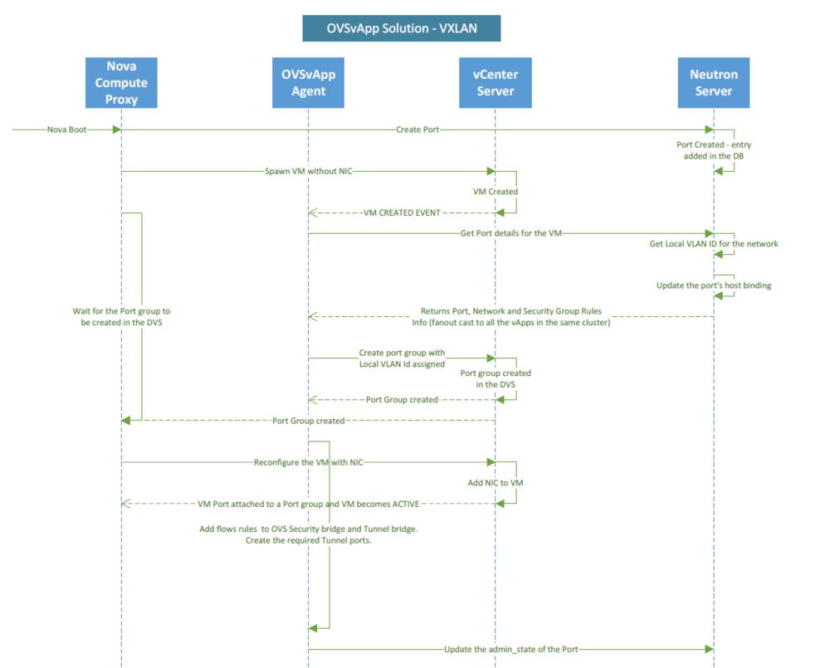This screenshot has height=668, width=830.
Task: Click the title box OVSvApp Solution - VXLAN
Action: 402,29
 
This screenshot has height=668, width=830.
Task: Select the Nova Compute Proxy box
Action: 121,82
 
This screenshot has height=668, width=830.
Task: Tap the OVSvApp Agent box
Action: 308,82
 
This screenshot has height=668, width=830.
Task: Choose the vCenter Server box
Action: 496,82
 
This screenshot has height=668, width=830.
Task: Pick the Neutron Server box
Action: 714,82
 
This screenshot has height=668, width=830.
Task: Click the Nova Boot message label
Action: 66,129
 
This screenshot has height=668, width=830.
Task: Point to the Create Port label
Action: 417,129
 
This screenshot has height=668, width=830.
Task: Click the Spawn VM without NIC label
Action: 308,171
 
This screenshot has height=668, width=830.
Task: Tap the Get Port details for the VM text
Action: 511,233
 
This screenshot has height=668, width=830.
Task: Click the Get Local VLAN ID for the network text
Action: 714,244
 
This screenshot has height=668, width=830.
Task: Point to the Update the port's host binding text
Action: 714,285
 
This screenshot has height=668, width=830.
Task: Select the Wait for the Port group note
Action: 121,317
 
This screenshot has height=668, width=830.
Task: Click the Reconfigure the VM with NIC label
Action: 310,462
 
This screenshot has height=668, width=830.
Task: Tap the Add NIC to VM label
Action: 496,482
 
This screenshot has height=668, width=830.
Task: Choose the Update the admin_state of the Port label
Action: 510,649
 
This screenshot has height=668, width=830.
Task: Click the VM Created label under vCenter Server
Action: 496,192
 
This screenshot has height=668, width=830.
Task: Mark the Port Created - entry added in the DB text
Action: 714,150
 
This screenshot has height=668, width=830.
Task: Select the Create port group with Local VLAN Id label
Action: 402,358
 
